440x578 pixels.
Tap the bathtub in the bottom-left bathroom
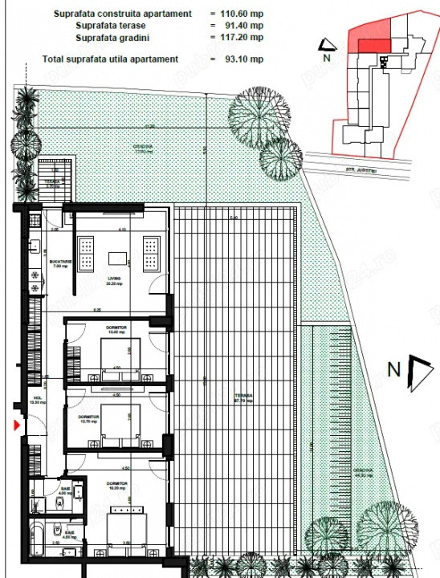pyautogui.click(x=38, y=533)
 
